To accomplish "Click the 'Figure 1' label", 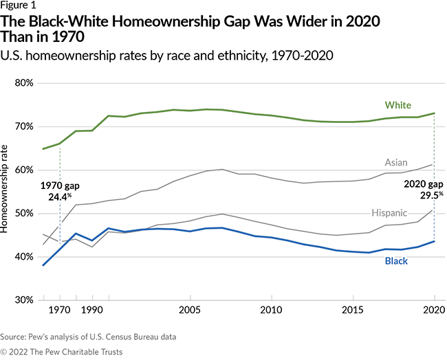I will tap(18, 6).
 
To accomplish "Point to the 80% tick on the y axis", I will tap(24, 83).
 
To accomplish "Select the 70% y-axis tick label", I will tap(24, 126).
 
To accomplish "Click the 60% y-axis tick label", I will tap(24, 170).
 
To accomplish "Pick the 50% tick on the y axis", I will tap(24, 213).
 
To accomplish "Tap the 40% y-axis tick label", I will tap(24, 256).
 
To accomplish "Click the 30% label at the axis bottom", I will tap(24, 300).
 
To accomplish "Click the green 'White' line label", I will tap(397, 105).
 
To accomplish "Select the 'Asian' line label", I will tap(397, 162).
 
